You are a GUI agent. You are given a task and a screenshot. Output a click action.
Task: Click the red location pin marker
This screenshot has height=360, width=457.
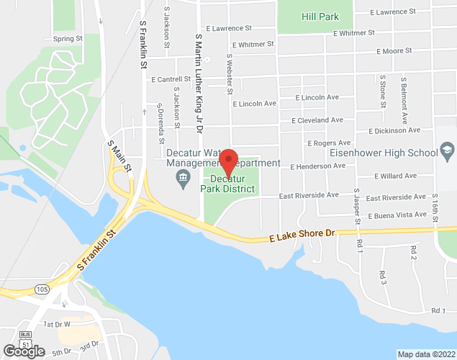(228, 161)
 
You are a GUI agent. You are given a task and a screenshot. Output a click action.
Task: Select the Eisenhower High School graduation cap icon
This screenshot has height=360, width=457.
(447, 152)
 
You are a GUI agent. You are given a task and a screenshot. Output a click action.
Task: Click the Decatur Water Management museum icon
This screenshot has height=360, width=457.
(184, 177)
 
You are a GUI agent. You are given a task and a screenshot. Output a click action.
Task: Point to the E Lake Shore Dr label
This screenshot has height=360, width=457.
(303, 235)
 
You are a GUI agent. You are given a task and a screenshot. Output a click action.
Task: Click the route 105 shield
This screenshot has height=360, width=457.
(42, 289)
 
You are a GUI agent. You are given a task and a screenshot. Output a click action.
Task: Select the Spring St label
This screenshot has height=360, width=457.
(69, 39)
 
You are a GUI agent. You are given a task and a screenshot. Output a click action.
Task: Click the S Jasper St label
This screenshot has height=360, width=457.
(356, 209)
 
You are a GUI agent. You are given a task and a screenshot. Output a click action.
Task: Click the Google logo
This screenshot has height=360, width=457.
(24, 351)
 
